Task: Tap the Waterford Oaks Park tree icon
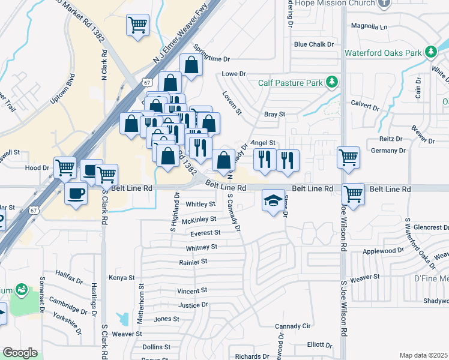430,53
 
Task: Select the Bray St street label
274,114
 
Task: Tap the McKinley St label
199,220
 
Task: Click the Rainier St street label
193,262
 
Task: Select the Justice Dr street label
193,305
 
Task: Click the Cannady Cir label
292,326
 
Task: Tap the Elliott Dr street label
319,345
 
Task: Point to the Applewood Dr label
384,250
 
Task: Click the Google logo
20,353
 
